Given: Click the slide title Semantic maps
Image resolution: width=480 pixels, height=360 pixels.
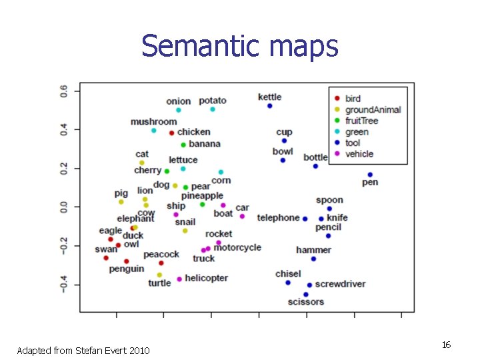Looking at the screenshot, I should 240,47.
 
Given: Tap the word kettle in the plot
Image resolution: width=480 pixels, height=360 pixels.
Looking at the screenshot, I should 269,97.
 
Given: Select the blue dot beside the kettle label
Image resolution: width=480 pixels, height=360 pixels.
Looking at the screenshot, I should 269,106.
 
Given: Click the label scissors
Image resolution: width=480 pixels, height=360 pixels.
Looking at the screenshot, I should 306,302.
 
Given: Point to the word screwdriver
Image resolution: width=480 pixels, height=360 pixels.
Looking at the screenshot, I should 340,284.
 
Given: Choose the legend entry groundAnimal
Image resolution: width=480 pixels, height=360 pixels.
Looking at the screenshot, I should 373,110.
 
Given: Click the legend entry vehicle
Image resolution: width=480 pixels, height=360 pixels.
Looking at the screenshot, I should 359,154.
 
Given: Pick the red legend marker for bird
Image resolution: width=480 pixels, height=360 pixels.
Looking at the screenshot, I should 337,99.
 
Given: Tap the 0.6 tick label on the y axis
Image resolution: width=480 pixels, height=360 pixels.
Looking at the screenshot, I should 64,90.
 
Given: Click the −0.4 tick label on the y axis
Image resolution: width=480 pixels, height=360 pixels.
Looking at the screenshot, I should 64,285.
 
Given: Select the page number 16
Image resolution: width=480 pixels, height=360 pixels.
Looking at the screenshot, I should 446,345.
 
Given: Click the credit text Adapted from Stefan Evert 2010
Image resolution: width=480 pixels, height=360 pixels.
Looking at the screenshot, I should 83,351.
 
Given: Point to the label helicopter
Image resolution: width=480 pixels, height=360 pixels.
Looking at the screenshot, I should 206,278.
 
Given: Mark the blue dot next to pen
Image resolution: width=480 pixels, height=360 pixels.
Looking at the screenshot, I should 370,175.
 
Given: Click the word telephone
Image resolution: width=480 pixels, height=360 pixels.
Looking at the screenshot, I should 278,218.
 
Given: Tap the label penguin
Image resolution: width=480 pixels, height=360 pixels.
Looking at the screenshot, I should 127,269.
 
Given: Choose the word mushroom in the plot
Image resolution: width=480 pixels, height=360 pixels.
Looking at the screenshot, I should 153,122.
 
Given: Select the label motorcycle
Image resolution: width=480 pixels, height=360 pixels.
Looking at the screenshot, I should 237,247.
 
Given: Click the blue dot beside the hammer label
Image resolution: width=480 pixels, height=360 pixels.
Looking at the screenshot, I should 313,259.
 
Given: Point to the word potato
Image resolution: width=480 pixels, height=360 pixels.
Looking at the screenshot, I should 213,101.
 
